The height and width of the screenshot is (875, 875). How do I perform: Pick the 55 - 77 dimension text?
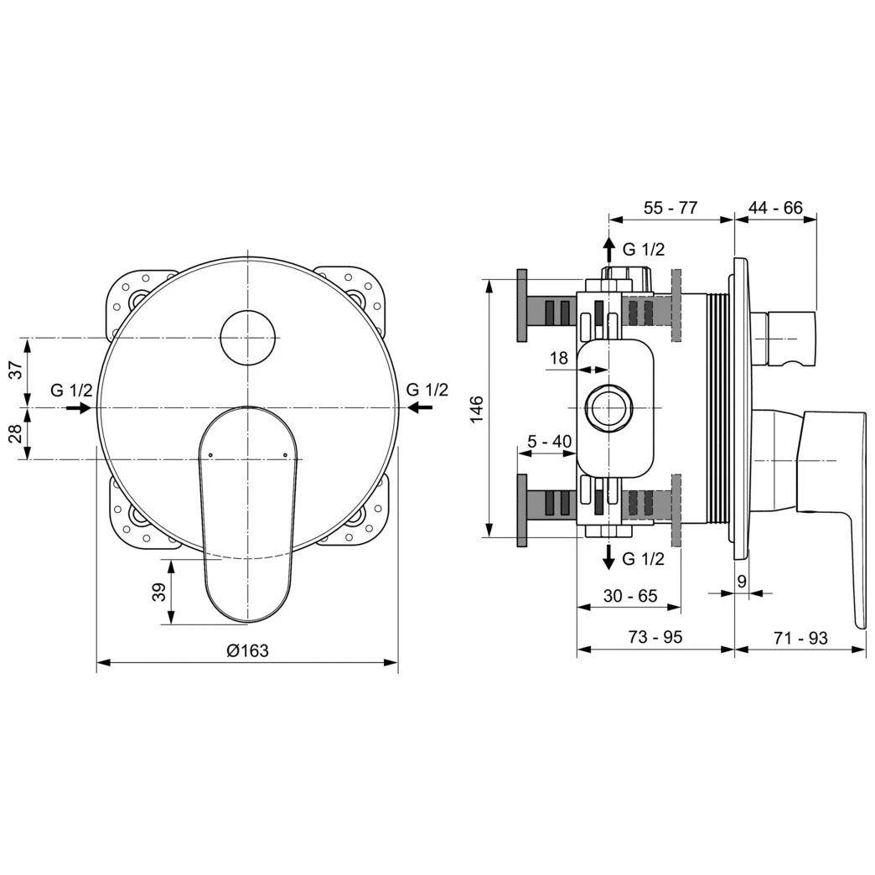pos(670,208)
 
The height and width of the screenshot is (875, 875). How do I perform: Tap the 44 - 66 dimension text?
pos(775,208)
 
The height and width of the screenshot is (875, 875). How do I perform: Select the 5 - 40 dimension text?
pos(549,442)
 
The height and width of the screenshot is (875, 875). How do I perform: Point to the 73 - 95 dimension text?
pos(655,637)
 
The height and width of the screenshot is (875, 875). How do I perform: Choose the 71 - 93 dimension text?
pos(800,638)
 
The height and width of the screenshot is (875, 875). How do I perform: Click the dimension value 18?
pos(558,358)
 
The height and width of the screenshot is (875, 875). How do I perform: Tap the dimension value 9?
pos(742,580)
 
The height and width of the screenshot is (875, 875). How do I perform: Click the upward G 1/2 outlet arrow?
pos(608,249)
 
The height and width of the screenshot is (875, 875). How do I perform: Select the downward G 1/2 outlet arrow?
pos(608,557)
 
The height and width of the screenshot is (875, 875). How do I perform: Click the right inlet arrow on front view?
pos(421,407)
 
